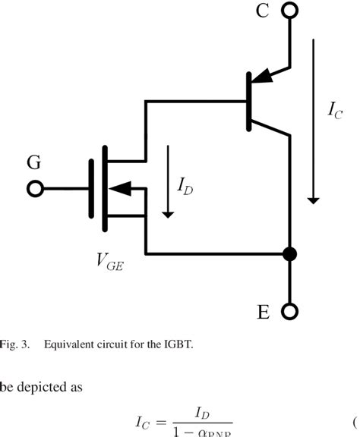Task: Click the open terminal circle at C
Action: coord(289,10)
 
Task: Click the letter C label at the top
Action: coord(261,11)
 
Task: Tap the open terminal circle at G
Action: coord(33,189)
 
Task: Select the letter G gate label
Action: coord(34,163)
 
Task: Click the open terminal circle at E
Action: coord(289,312)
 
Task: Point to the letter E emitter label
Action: coord(263,313)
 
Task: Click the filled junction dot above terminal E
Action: coord(289,253)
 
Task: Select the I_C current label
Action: coord(335,110)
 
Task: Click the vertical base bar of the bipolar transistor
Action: coord(249,101)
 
